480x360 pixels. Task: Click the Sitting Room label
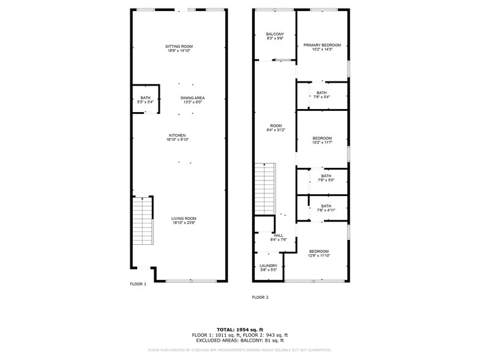point(179,49)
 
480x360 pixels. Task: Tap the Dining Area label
point(192,100)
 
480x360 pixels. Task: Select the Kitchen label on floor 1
point(178,138)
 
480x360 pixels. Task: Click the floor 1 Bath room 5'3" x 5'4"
point(145,100)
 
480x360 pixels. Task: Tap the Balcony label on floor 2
point(275,36)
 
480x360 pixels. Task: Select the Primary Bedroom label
point(322,47)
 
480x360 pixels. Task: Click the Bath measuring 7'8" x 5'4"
point(321,95)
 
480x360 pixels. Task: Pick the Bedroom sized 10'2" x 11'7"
point(322,140)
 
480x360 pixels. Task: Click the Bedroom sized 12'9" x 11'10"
point(318,253)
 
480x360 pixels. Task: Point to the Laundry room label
point(268,268)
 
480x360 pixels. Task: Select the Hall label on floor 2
point(279,238)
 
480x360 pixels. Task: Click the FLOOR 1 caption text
point(138,284)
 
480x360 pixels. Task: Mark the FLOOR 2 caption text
point(260,298)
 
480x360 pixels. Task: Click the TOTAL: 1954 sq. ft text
point(239,330)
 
